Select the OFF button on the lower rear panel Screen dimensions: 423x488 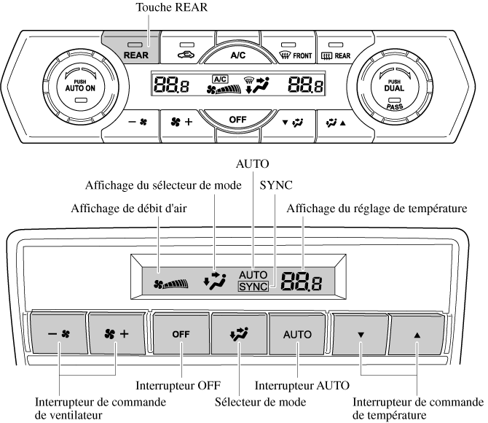pyautogui.click(x=179, y=334)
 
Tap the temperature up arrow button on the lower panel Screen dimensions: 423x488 pyautogui.click(x=417, y=334)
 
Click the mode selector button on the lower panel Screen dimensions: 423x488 pyautogui.click(x=239, y=334)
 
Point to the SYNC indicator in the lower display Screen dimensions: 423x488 pyautogui.click(x=253, y=287)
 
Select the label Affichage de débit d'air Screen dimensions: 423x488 pyautogui.click(x=128, y=209)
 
